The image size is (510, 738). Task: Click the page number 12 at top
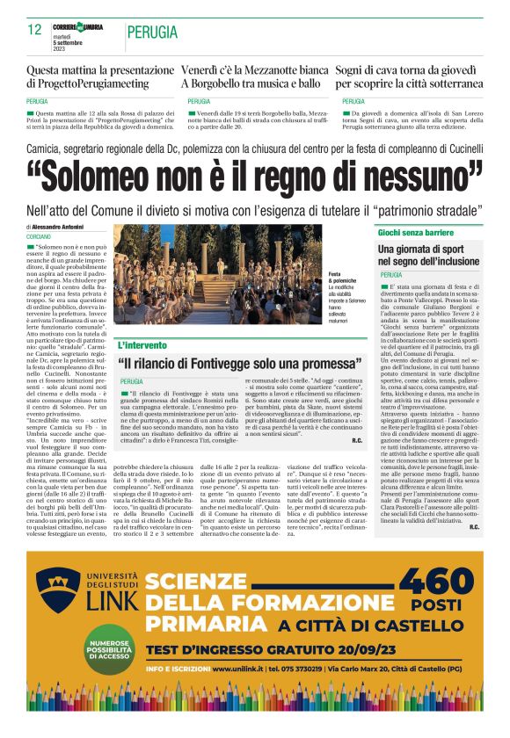35,29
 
